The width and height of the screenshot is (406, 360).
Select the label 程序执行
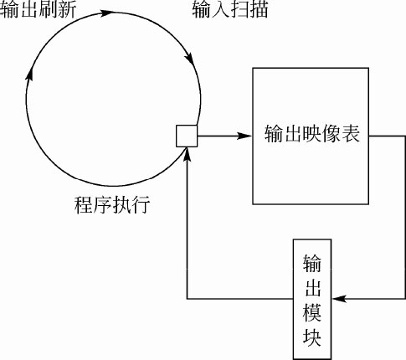click(x=112, y=205)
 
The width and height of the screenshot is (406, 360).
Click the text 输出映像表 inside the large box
click(x=312, y=133)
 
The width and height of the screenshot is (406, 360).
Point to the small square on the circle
click(x=187, y=136)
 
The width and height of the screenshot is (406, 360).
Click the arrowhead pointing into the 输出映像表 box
click(x=244, y=136)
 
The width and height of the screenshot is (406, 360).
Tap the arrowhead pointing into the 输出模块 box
click(x=339, y=299)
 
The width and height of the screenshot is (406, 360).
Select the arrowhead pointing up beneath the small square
click(x=188, y=154)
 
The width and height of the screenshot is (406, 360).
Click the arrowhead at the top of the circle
click(x=107, y=13)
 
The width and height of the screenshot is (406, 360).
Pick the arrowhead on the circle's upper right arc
click(x=189, y=59)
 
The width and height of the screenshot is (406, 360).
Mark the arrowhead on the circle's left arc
click(x=29, y=74)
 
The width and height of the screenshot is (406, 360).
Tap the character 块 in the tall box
click(x=312, y=337)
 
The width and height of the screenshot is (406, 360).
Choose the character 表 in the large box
click(x=351, y=133)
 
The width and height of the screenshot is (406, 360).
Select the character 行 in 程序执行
click(x=141, y=205)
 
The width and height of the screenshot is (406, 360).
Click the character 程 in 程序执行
click(x=83, y=205)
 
